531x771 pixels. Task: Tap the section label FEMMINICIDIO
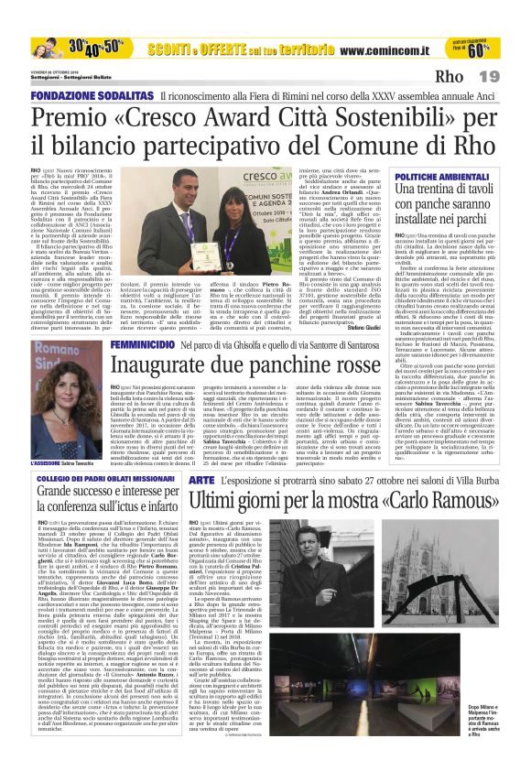tap(143, 343)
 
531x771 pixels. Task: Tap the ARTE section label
tap(201, 480)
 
